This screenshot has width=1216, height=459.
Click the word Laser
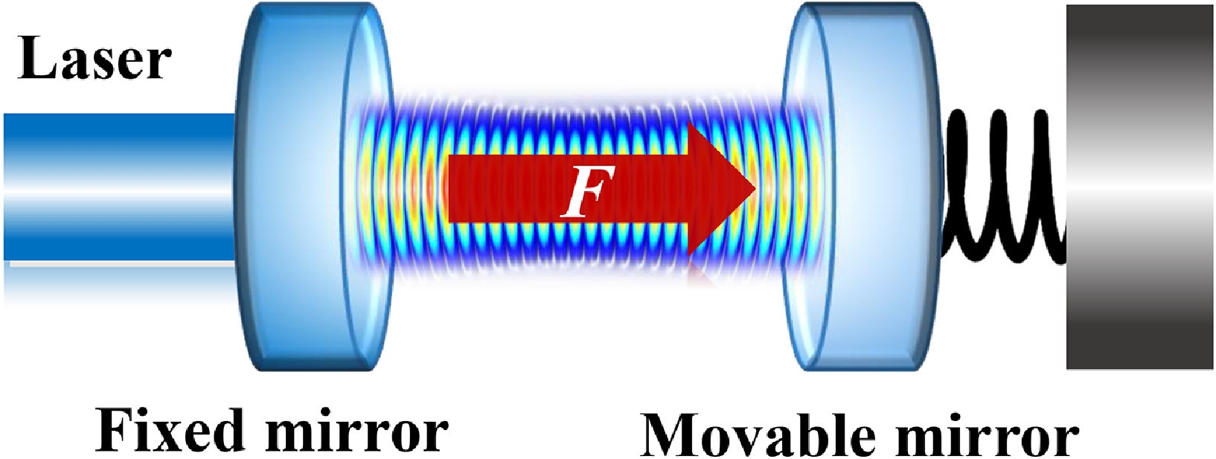tap(95, 60)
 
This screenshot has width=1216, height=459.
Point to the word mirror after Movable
tap(988, 433)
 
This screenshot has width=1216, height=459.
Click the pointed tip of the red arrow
tap(756, 190)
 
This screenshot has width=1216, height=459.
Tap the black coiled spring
tap(1005, 187)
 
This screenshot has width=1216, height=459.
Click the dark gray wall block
tap(1139, 187)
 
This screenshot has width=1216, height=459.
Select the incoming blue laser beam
tap(119, 187)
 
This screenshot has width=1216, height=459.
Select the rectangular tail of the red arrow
tap(567, 190)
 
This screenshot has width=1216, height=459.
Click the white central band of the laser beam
tap(119, 187)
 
